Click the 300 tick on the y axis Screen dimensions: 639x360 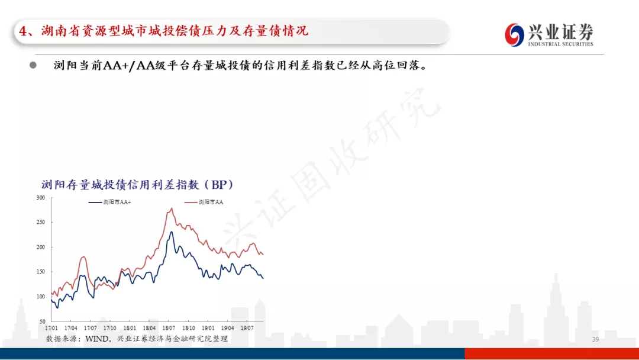41,198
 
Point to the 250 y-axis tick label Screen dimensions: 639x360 41,222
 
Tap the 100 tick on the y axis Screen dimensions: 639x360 41,297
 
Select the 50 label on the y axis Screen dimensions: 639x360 43,322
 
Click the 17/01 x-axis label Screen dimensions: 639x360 51,328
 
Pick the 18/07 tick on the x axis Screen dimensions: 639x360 169,328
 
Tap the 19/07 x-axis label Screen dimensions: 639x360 247,328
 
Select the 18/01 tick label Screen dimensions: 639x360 130,328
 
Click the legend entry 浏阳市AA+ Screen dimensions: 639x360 110,202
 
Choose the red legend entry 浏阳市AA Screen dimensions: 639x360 204,202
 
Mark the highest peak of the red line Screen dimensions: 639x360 172,208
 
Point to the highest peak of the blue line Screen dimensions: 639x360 171,232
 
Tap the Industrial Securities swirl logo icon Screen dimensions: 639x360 514,35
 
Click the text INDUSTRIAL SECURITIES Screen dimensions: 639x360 561,44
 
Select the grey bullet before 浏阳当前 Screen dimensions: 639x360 33,65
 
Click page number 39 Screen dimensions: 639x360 595,339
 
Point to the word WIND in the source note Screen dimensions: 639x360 97,339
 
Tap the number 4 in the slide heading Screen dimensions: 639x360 23,31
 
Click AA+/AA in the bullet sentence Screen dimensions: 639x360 129,65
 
